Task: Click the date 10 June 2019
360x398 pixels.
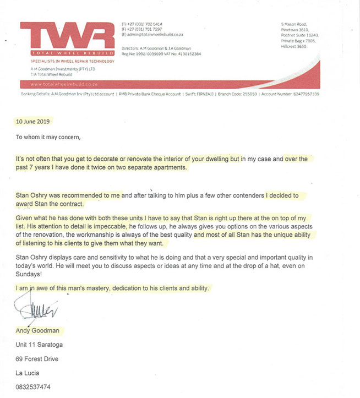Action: pos(34,121)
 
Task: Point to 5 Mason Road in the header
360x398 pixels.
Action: pos(293,25)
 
